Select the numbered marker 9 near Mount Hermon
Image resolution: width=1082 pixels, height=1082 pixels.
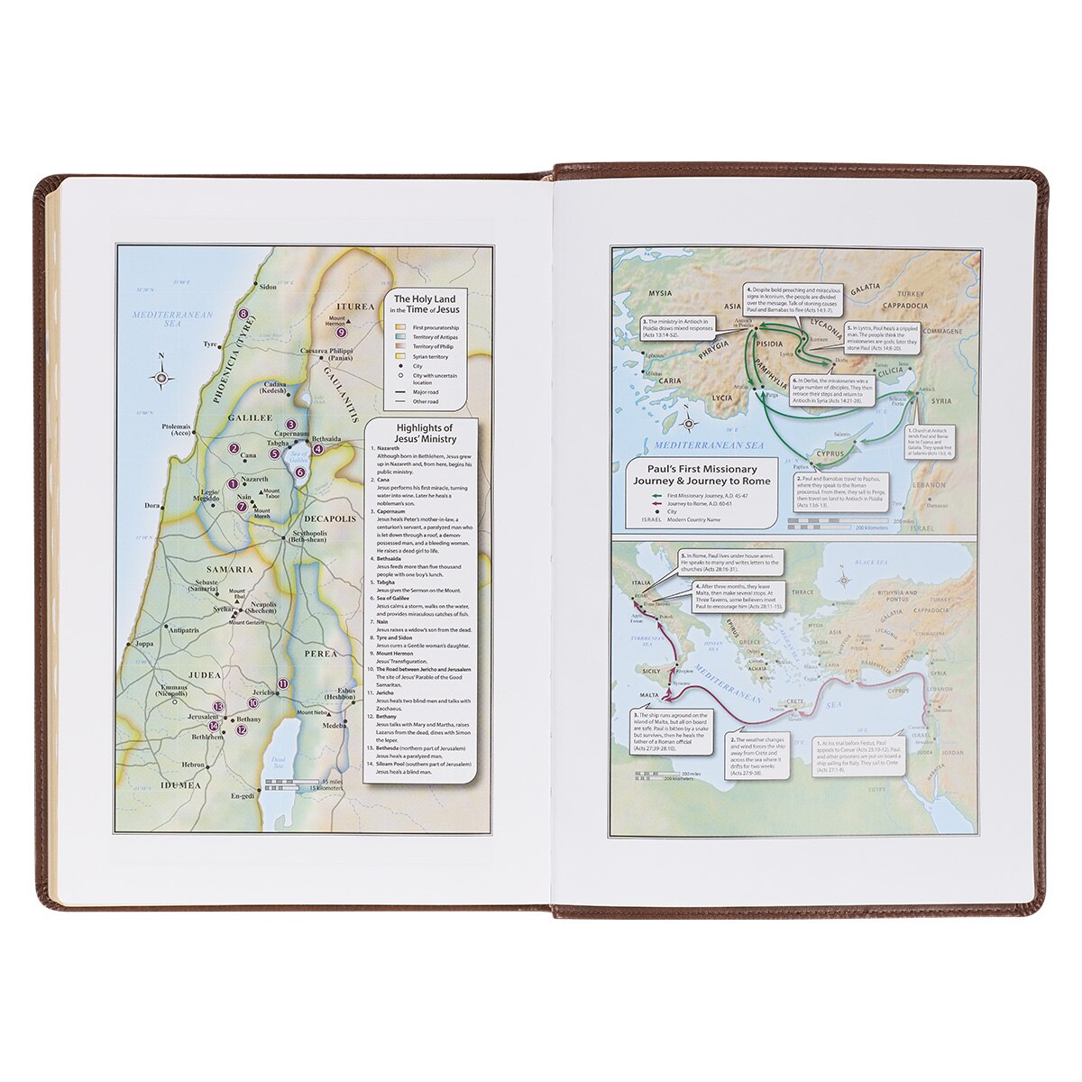(x=341, y=333)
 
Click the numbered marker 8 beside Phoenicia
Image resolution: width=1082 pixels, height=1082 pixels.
(x=243, y=314)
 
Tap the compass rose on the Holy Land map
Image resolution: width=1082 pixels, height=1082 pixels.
(x=161, y=379)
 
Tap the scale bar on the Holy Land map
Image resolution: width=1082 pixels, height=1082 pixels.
(x=290, y=783)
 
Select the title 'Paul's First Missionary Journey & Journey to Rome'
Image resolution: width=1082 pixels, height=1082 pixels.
(x=702, y=474)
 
